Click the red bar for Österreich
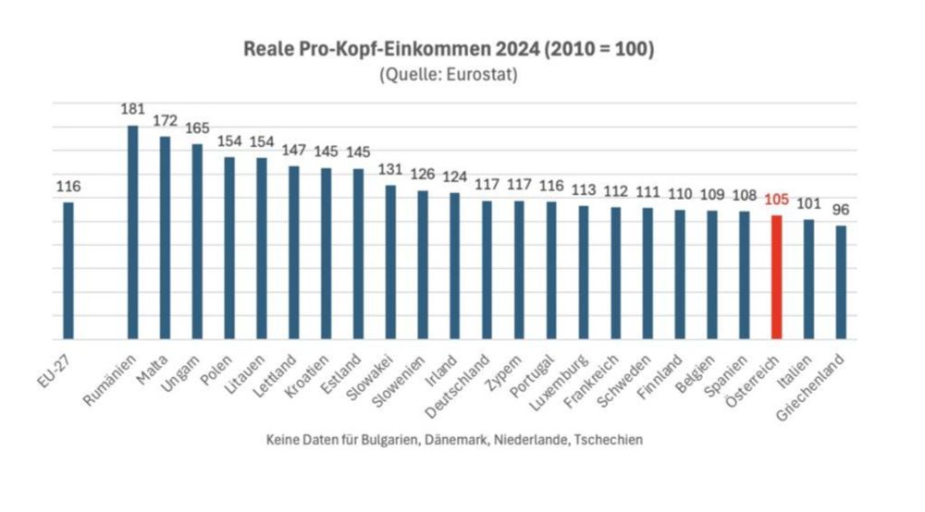(777, 276)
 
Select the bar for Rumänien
(133, 231)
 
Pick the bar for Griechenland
(841, 282)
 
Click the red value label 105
(777, 200)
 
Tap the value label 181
(133, 109)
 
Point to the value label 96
(841, 209)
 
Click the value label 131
(390, 169)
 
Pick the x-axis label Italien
(796, 370)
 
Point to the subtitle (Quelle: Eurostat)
(448, 76)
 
